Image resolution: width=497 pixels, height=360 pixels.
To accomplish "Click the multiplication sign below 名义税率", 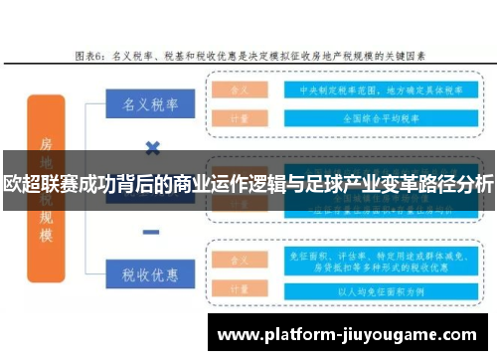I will (152, 149).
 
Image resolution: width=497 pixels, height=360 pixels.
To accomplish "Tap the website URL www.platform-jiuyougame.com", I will (353, 333).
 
